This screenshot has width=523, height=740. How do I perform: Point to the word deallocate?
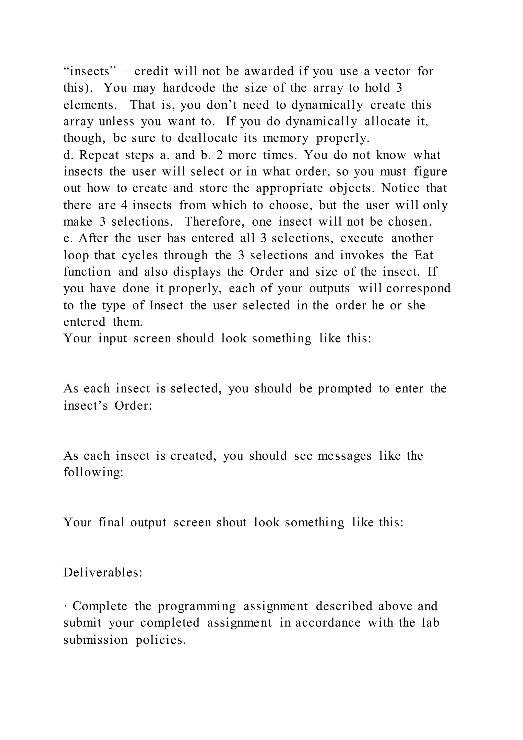coord(207,138)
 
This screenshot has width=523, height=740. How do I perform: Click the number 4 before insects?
coord(124,205)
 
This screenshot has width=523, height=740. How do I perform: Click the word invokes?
coord(362,255)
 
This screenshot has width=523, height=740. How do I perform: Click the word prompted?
coord(344,389)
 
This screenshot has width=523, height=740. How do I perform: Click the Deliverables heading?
coord(103,573)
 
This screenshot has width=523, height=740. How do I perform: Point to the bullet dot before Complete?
coord(65,607)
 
